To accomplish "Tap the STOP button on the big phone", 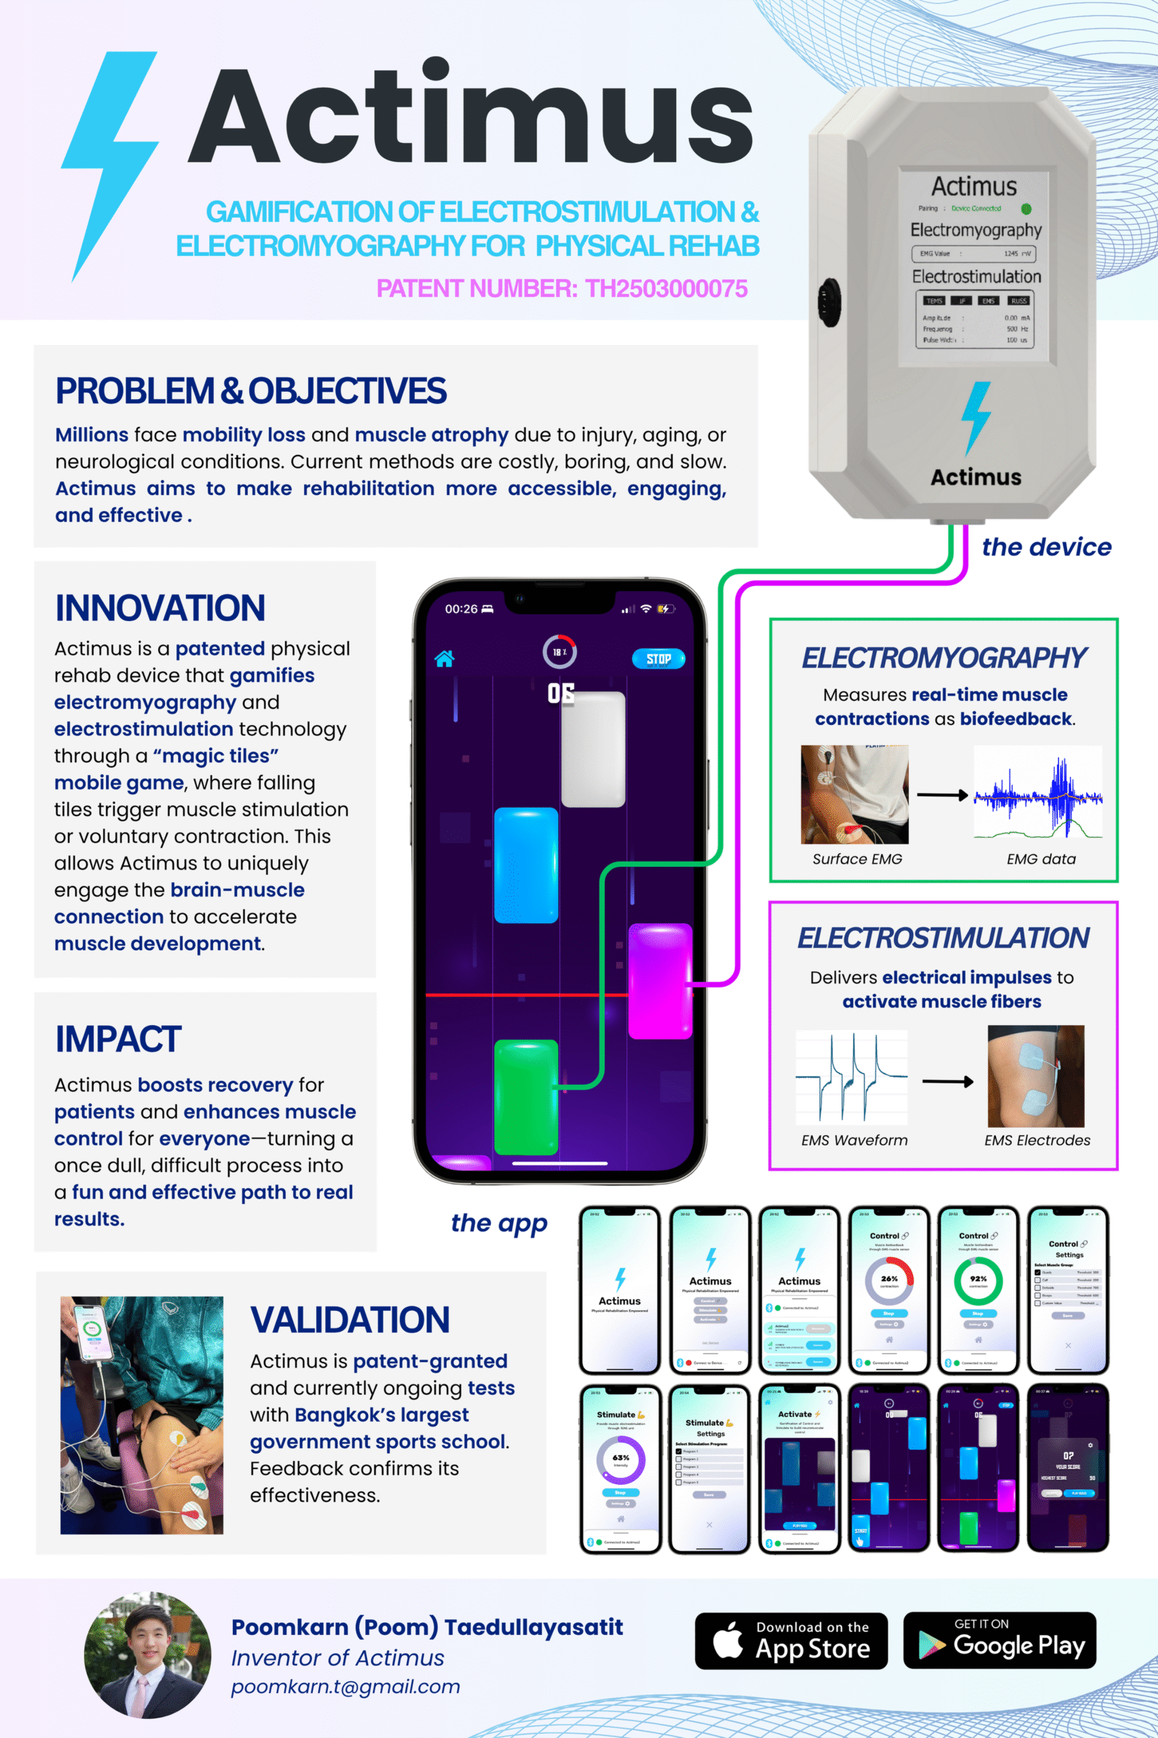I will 658,658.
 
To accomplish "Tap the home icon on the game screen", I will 444,659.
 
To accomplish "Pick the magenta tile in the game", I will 660,981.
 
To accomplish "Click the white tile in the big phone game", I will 593,748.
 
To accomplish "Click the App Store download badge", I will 791,1640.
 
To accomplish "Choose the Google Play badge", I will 999,1640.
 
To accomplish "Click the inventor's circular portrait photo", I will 148,1654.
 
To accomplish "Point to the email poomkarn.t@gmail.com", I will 345,1686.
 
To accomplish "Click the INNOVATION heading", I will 160,608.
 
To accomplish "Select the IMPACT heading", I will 118,1039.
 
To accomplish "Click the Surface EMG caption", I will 857,859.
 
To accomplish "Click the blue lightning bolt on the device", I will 976,418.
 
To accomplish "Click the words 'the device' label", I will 1046,547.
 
